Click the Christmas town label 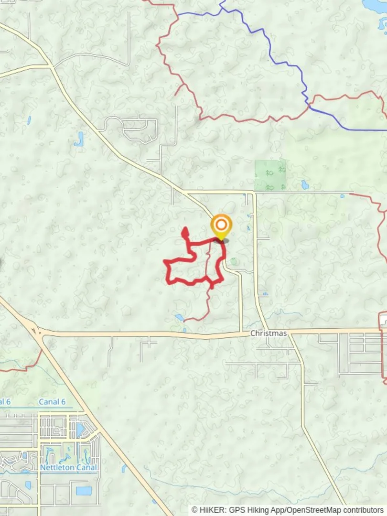coord(269,333)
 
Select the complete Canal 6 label coord(52,402)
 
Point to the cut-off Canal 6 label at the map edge coord(5,402)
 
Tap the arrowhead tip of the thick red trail coord(184,230)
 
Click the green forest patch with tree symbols coord(270,175)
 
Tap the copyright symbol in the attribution coord(195,510)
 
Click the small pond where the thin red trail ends coord(179,317)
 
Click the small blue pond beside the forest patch coord(305,184)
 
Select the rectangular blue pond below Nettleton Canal coord(83,491)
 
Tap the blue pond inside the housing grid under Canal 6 coord(80,430)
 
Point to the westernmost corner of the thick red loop coord(165,261)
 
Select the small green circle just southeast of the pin coord(233,261)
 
